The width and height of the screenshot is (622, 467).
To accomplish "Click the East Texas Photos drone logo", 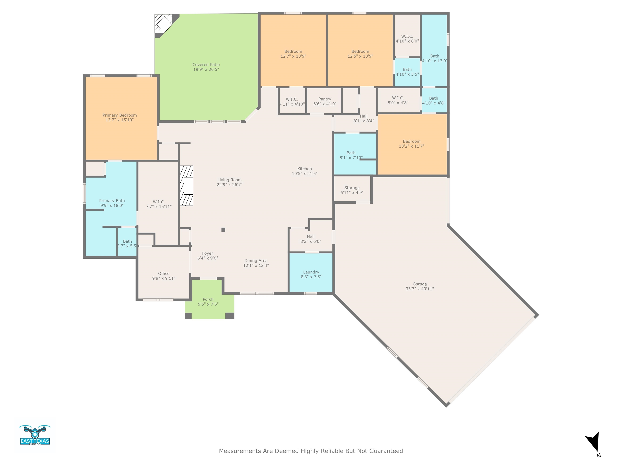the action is pyautogui.click(x=35, y=435).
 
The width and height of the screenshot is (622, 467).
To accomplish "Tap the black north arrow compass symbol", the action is pyautogui.click(x=593, y=442).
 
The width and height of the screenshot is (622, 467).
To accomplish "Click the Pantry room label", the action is pyautogui.click(x=325, y=99).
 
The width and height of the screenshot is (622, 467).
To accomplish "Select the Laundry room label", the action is pyautogui.click(x=311, y=272).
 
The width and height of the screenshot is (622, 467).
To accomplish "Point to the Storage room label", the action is pyautogui.click(x=352, y=188).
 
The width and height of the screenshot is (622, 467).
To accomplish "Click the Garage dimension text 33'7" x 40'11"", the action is pyautogui.click(x=420, y=289).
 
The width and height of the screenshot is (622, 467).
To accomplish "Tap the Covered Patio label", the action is pyautogui.click(x=206, y=65).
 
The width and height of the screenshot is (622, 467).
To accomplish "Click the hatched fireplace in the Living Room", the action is pyautogui.click(x=186, y=186).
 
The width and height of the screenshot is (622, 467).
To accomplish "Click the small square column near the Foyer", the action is pyautogui.click(x=223, y=230).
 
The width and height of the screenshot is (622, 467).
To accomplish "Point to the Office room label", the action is pyautogui.click(x=164, y=274).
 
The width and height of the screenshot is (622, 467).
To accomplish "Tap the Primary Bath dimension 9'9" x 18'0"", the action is pyautogui.click(x=112, y=206).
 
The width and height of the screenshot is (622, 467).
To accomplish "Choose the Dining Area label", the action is pyautogui.click(x=256, y=261).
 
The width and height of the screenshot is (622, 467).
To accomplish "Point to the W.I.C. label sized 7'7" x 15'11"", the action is pyautogui.click(x=159, y=202).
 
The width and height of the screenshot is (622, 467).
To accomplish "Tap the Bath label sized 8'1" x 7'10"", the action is pyautogui.click(x=351, y=153).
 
